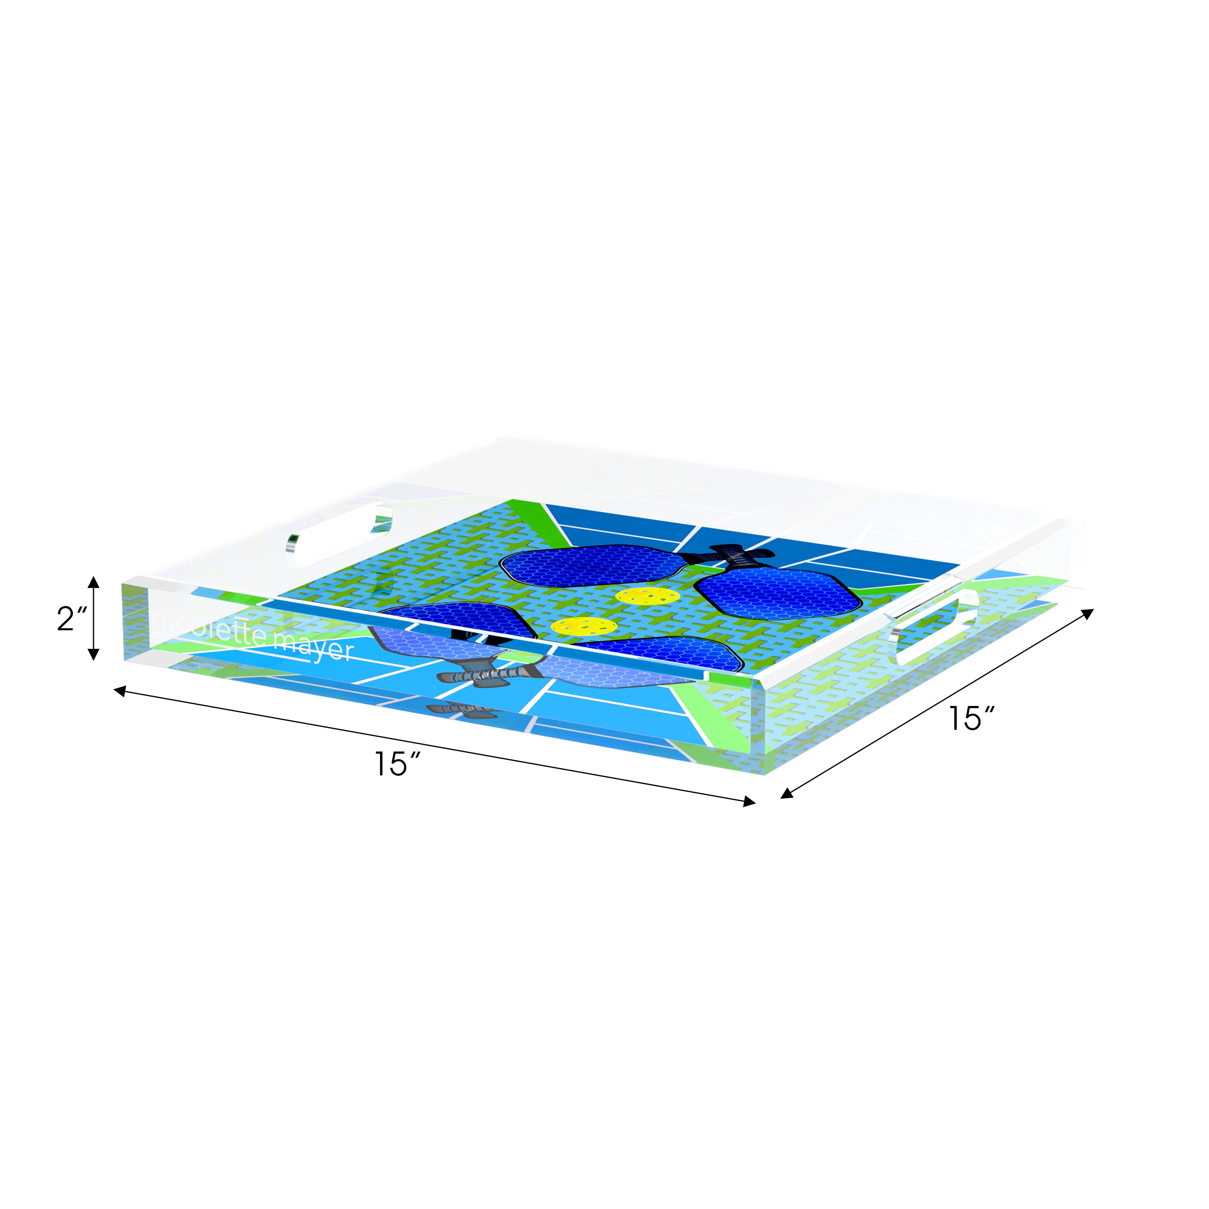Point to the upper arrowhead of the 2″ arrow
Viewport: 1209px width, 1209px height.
pos(93,582)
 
